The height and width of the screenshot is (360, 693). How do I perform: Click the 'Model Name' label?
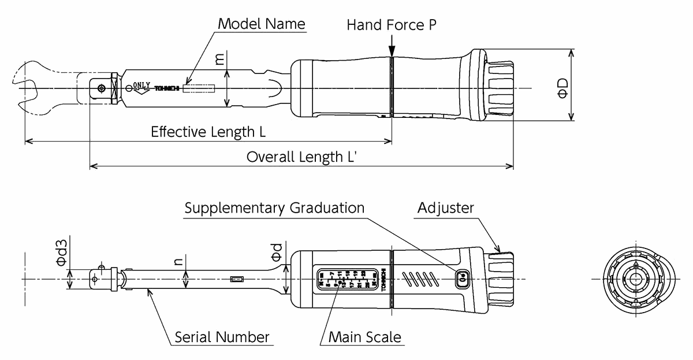click(261, 24)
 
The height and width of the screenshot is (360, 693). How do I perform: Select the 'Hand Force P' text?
click(391, 25)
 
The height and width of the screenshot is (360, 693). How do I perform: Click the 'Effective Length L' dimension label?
click(208, 132)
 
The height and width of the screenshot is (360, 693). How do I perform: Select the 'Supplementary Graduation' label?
click(274, 208)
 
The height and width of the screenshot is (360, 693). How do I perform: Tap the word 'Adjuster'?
click(445, 208)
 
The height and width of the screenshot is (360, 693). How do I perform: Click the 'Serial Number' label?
click(222, 337)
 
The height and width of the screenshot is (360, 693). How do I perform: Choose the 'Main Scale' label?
click(364, 337)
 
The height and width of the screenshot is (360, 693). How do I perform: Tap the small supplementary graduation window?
click(462, 279)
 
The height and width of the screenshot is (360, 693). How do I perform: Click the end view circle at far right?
click(635, 279)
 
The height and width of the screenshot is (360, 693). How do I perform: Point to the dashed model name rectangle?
click(199, 88)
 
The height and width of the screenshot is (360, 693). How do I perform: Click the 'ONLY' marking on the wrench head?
click(141, 85)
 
